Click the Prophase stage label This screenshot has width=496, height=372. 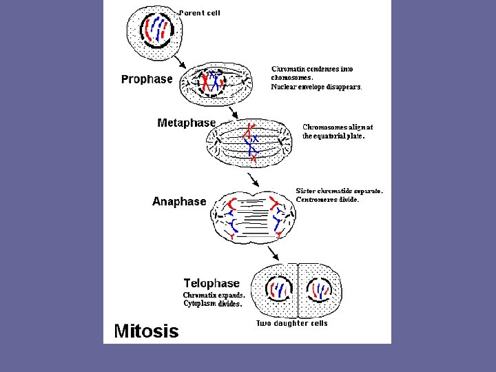tap(147, 79)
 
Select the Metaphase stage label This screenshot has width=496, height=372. tap(186, 123)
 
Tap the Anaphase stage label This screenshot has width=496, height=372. tap(179, 201)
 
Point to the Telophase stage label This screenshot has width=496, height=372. tap(211, 283)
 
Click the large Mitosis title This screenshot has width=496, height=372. tap(146, 331)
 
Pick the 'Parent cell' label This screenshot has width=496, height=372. tap(200, 13)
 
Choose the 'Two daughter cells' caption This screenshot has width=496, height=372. tap(292, 323)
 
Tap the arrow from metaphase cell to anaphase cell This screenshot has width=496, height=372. tap(254, 179)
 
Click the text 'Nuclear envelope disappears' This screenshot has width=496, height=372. tap(316, 87)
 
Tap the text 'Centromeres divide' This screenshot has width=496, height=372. tap(327, 200)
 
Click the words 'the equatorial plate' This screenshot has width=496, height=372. tap(334, 136)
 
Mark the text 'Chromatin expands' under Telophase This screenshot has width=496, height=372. tap(214, 295)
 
